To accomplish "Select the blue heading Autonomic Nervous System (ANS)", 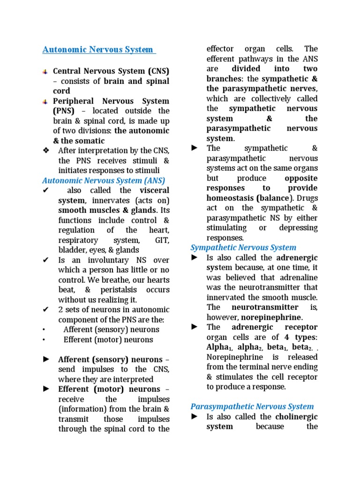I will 104,180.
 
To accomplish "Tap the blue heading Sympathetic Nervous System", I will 243,247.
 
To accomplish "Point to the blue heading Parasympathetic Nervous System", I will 252,406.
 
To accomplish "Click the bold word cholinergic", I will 296,417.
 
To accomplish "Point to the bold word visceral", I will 154,190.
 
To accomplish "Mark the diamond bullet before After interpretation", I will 45,150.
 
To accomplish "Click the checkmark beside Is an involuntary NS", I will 45,260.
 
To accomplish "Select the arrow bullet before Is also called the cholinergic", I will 195,417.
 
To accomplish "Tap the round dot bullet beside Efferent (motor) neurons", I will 43,340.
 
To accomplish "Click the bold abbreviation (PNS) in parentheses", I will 63,111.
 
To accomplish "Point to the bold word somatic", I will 90,141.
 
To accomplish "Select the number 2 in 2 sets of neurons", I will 60,309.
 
